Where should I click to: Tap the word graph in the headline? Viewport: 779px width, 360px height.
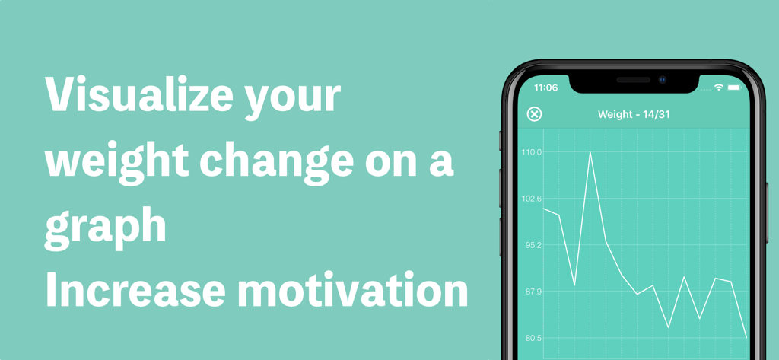(105, 227)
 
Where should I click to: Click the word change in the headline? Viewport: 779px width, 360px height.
(275, 163)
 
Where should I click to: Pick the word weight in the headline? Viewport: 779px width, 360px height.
(115, 163)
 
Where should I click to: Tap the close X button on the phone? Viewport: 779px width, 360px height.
(534, 114)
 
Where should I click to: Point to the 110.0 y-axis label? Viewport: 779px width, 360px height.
(532, 152)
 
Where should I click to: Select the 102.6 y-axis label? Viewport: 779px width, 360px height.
(532, 199)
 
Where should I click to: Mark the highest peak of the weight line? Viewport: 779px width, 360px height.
(590, 153)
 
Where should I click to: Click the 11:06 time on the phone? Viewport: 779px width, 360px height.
(545, 88)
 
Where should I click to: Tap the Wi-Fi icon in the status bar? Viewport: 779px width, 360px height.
(718, 88)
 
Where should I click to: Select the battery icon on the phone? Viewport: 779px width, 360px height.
(733, 88)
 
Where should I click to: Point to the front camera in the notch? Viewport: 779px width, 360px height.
(663, 79)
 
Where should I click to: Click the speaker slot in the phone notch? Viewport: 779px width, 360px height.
(633, 79)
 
